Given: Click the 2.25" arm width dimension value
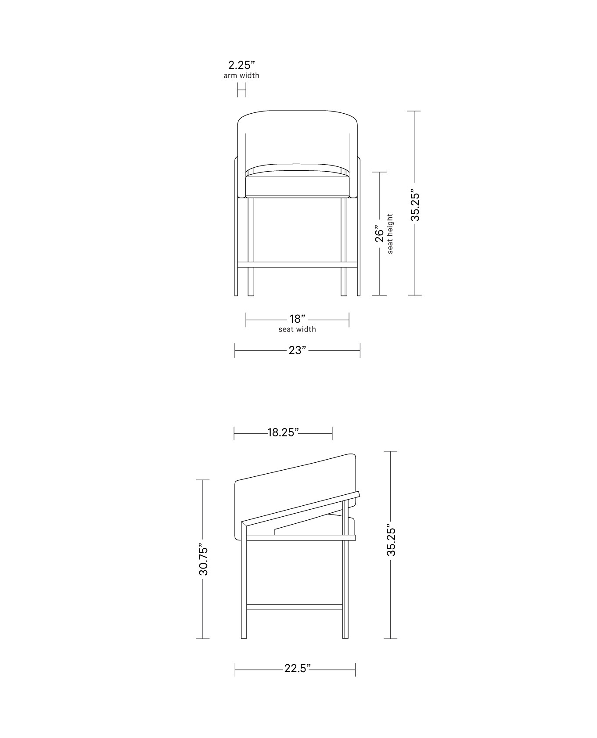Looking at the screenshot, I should pos(241,65).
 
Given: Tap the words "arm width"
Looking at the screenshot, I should pos(241,76).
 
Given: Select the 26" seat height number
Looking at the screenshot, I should pos(379,234).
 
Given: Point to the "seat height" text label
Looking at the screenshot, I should pos(390,234).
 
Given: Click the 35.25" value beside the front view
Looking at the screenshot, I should pos(415,205).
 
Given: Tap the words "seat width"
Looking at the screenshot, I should pos(297,329).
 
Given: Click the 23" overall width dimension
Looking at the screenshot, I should pos(297,350).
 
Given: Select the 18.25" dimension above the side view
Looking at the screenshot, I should pos(283,432).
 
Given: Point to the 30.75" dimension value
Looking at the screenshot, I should pos(203,561).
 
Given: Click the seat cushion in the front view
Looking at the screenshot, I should pos(297,186).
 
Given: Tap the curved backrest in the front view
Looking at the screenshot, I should pos(297,136).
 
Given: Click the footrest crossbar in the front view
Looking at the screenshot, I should pos(297,265).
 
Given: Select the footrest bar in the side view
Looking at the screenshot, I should pos(294,607).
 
